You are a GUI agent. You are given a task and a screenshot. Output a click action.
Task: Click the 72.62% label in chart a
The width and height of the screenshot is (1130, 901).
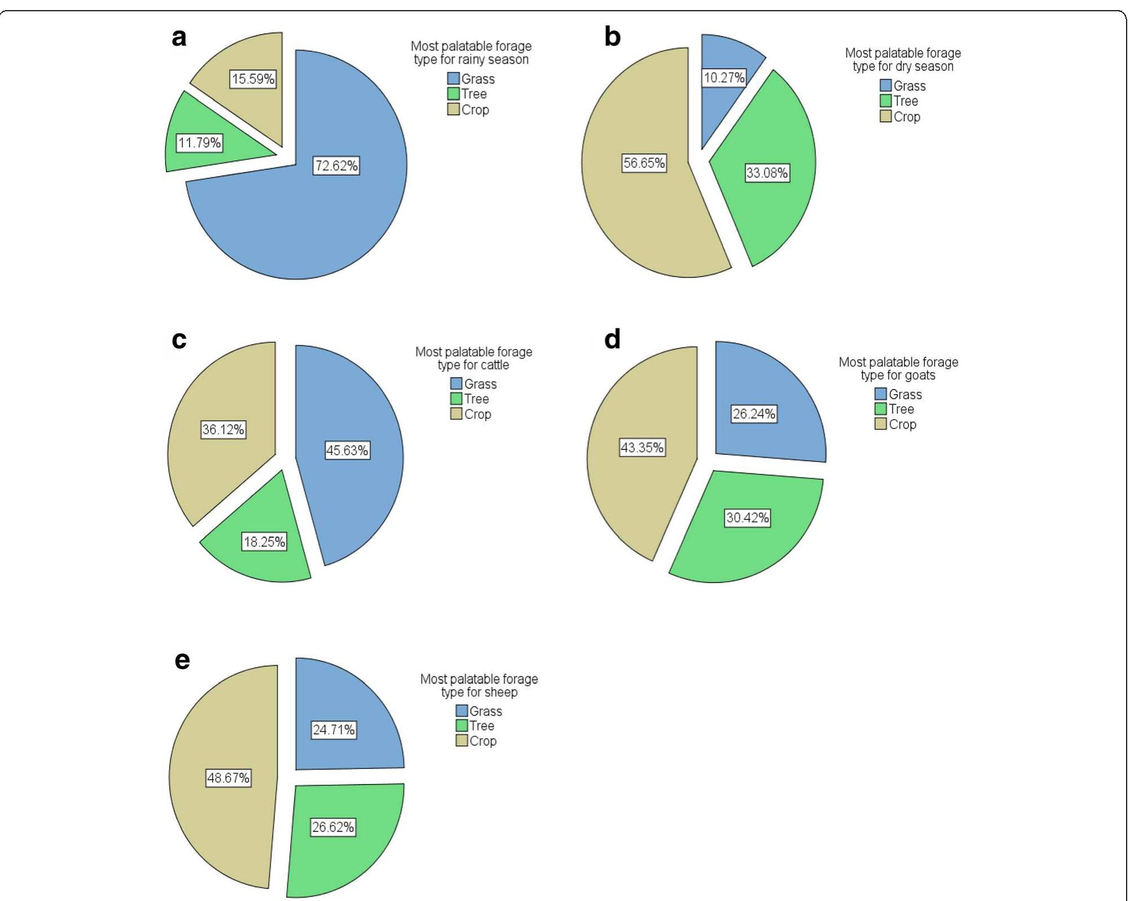[x=336, y=166]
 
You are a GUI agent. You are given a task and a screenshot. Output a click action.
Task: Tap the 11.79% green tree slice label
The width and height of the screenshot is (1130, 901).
[x=200, y=143]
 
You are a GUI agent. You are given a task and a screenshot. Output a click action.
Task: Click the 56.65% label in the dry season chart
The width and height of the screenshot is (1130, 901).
[x=644, y=163]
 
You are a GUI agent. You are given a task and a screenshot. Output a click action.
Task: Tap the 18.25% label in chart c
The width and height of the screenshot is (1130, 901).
[x=264, y=542]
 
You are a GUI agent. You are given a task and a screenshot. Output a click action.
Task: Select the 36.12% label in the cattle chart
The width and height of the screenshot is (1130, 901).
[x=223, y=429]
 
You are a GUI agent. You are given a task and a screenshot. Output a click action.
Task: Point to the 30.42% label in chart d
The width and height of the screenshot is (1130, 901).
[x=747, y=518]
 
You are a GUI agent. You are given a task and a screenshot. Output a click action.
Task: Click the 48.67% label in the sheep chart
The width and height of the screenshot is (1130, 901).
[x=228, y=778]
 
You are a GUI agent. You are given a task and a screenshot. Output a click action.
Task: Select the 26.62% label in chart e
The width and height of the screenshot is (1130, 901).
[x=333, y=827]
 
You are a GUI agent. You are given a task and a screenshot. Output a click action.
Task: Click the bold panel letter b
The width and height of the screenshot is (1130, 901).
[x=612, y=37]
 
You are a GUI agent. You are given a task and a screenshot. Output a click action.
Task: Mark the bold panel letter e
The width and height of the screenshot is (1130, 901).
[x=182, y=660]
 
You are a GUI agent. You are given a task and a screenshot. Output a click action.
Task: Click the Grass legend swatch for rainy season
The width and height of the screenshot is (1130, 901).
[x=453, y=78]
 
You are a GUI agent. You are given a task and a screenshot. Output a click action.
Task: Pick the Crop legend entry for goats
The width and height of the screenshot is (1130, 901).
[x=896, y=424]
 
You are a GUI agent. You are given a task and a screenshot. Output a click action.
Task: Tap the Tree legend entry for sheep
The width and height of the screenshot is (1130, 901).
[x=476, y=726]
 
